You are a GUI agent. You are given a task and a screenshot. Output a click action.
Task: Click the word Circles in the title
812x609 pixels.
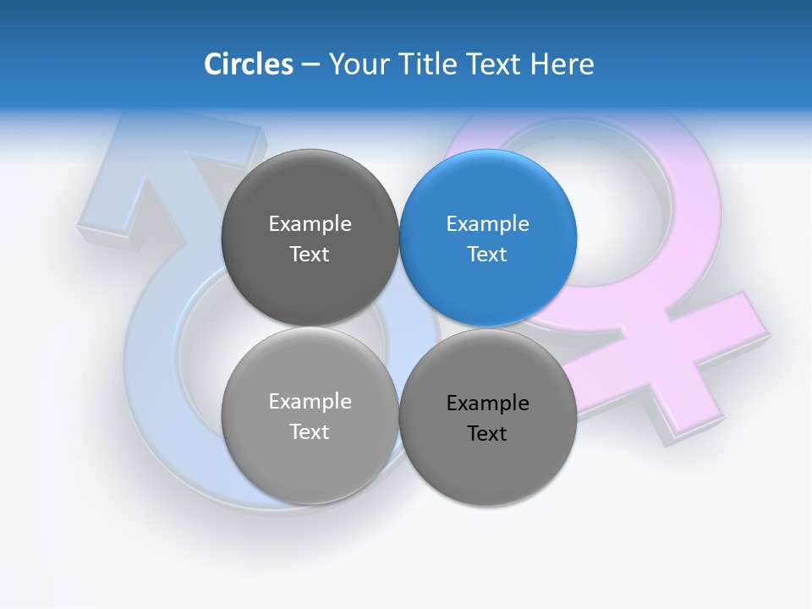(x=248, y=64)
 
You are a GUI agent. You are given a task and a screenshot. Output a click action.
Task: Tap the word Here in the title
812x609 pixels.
(x=562, y=64)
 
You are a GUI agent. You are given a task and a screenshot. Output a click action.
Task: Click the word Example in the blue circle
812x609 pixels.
(x=488, y=224)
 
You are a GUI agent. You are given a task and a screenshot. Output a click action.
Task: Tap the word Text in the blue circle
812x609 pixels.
(x=488, y=255)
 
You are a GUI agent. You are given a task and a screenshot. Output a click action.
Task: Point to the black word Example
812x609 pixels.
(x=488, y=403)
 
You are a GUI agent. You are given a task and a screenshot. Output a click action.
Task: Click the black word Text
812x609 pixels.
(x=488, y=434)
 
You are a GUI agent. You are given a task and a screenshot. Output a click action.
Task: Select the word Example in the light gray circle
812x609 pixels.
(x=310, y=402)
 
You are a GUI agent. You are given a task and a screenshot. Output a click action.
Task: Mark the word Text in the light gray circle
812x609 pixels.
(x=310, y=432)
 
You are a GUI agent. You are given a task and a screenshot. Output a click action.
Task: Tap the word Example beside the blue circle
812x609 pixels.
(x=310, y=224)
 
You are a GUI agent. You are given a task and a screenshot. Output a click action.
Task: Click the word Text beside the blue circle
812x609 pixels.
(x=310, y=255)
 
